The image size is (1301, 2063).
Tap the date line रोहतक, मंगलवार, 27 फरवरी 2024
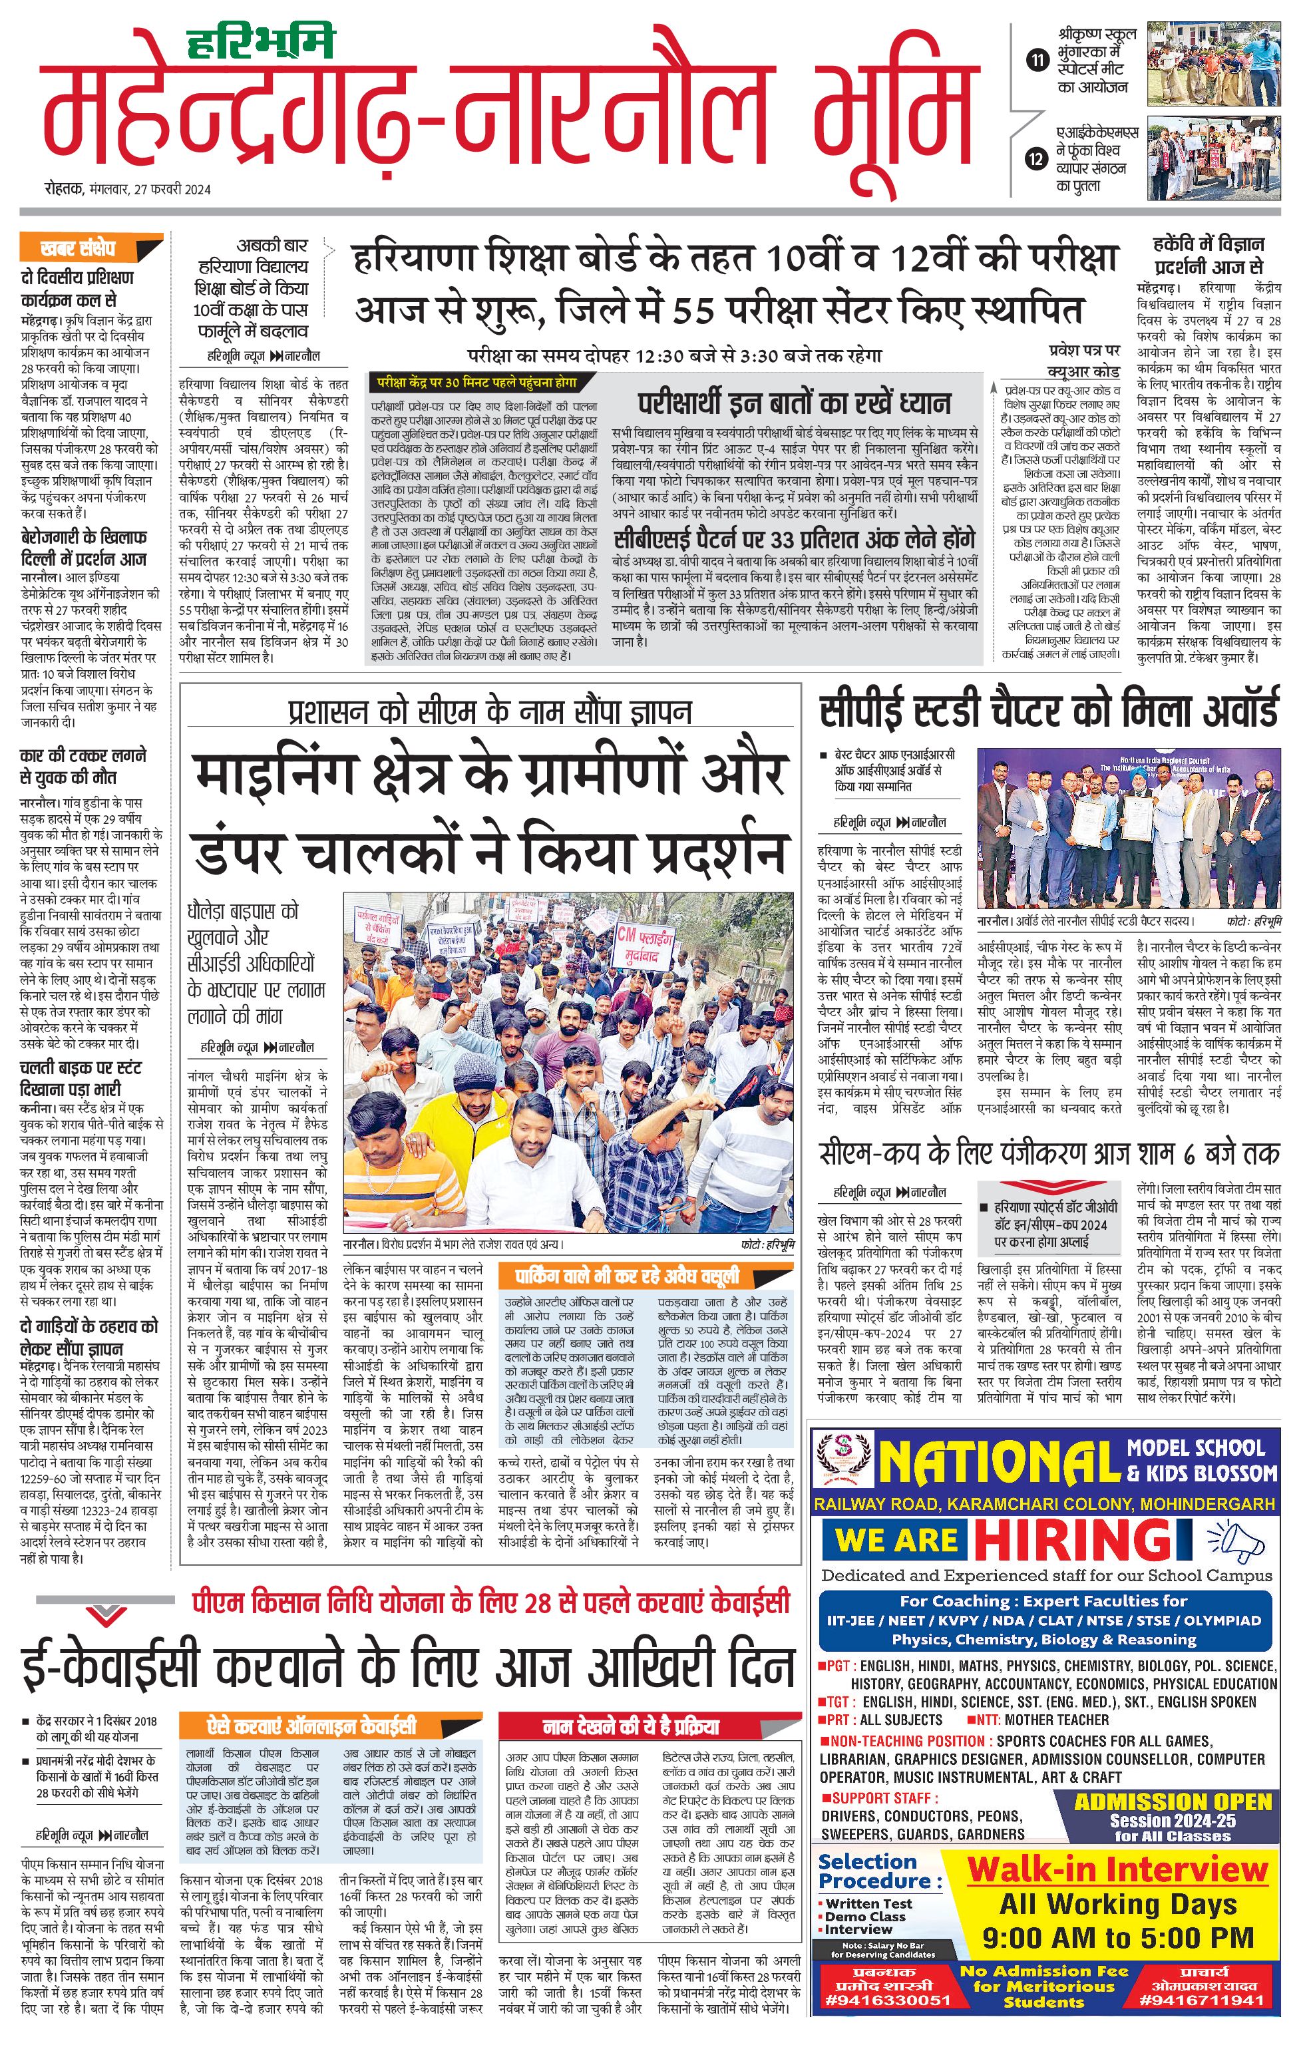(128, 190)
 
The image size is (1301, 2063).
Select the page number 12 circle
(1037, 159)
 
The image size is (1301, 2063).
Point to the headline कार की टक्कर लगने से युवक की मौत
(83, 766)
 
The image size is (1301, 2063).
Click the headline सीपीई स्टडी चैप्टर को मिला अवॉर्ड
(1048, 710)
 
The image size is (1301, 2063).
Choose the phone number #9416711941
(1203, 2000)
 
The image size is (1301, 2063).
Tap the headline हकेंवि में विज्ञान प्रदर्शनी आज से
(1208, 254)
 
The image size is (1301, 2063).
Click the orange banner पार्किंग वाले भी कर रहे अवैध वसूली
(627, 1276)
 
